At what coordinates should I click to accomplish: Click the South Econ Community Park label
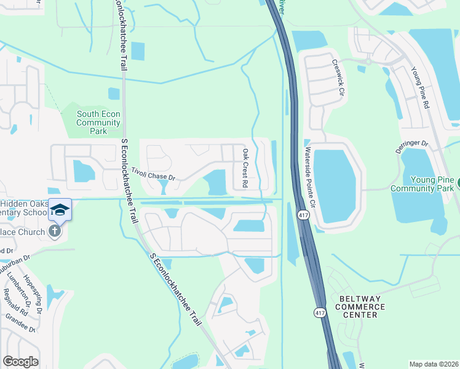tap(98, 122)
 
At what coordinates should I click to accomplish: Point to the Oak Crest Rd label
tap(245, 168)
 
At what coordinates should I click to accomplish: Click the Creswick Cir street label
tap(337, 74)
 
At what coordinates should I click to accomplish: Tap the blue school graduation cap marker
tap(60, 210)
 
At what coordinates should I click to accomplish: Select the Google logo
tap(20, 361)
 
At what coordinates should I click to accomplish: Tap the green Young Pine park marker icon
tap(457, 183)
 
